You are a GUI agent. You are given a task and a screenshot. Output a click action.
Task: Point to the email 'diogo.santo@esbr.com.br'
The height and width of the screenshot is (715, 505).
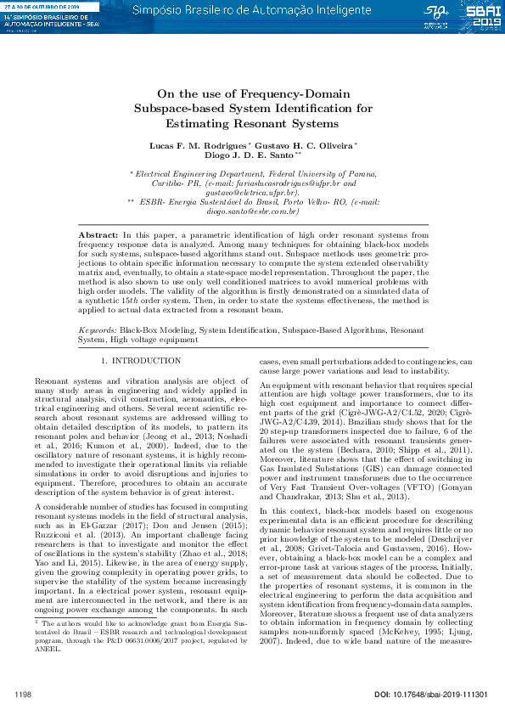[253, 211]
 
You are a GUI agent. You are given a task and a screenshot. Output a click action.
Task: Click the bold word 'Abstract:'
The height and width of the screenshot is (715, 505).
[97, 234]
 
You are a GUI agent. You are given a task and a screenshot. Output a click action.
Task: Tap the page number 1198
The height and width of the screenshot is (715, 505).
[24, 695]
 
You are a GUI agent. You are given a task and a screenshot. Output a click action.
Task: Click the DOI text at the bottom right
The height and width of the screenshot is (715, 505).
[431, 695]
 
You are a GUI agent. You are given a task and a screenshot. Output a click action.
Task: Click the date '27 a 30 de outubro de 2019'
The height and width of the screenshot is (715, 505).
[42, 6]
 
